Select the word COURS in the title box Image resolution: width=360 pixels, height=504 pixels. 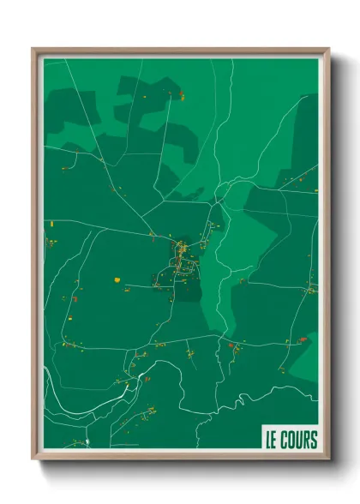click(298, 441)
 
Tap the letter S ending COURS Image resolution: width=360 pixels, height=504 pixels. click(314, 441)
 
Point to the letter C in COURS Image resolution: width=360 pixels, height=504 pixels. click(285, 441)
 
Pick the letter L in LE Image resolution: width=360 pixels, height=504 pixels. click(269, 441)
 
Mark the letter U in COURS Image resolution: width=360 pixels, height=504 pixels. click(299, 441)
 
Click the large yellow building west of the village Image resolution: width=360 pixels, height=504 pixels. click(116, 279)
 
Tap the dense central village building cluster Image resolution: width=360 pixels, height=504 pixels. click(182, 255)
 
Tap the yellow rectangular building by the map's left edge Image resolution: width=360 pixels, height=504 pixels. click(51, 223)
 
